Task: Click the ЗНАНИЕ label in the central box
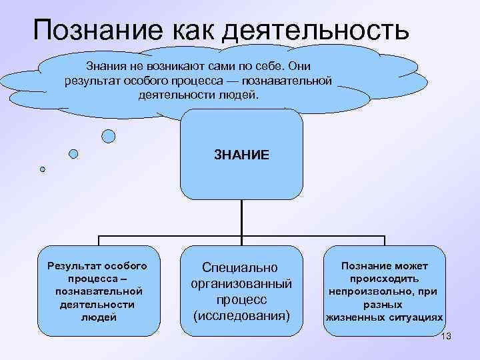pyautogui.click(x=241, y=155)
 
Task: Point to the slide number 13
pyautogui.click(x=446, y=336)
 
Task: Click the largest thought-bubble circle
pyautogui.click(x=108, y=136)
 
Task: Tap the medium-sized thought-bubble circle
pyautogui.click(x=74, y=153)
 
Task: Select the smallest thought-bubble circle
pyautogui.click(x=43, y=169)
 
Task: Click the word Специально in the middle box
pyautogui.click(x=241, y=268)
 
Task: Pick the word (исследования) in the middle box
pyautogui.click(x=241, y=313)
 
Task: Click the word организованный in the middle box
pyautogui.click(x=241, y=283)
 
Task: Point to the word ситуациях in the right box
pyautogui.click(x=414, y=317)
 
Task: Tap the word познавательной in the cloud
pyautogui.click(x=294, y=81)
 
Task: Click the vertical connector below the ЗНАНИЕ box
pyautogui.click(x=241, y=217)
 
